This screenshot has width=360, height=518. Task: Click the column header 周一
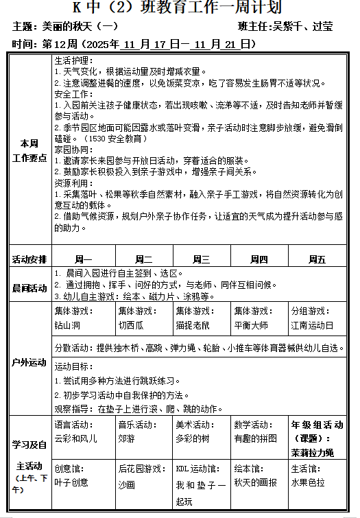point(83,259)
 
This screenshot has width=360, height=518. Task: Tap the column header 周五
point(317,259)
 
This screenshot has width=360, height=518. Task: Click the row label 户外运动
point(29,362)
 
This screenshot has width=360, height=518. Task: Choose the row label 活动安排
point(29,259)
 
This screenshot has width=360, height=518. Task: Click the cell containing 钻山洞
point(82,318)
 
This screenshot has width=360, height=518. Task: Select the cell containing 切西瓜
point(142,318)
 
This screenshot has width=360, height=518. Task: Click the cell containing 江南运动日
point(317,318)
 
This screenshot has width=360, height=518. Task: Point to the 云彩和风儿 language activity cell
point(82,431)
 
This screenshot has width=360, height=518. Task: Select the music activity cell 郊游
point(142,431)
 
